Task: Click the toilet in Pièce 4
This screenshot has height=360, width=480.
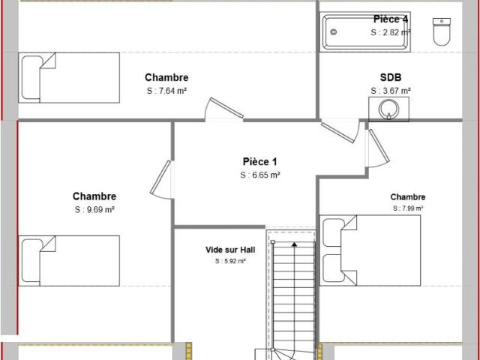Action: pyautogui.click(x=442, y=31)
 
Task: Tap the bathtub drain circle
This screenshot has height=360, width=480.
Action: pyautogui.click(x=334, y=31)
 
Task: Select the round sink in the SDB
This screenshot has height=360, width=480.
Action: pyautogui.click(x=388, y=109)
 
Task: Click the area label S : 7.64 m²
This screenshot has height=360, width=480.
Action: pyautogui.click(x=166, y=91)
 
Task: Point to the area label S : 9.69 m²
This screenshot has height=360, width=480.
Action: pyautogui.click(x=94, y=210)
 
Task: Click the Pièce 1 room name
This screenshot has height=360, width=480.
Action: pyautogui.click(x=260, y=162)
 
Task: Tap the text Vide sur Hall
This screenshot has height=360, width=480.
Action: pyautogui.click(x=230, y=250)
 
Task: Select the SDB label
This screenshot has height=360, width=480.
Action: pyautogui.click(x=391, y=77)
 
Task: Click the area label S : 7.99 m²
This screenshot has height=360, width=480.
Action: pyautogui.click(x=408, y=208)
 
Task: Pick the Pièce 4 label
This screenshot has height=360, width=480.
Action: pyautogui.click(x=391, y=19)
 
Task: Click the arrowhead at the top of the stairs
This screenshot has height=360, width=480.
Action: pyautogui.click(x=294, y=244)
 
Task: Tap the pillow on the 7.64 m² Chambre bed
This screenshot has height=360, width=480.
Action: pyautogui.click(x=31, y=77)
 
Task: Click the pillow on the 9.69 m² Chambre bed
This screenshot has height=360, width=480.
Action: pyautogui.click(x=31, y=261)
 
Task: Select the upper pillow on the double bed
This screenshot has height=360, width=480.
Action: pyautogui.click(x=333, y=232)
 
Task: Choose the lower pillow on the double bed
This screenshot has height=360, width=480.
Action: pyautogui.click(x=333, y=268)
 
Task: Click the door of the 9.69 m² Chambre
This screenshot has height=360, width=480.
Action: pyautogui.click(x=160, y=178)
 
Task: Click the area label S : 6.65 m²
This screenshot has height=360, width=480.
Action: pyautogui.click(x=260, y=175)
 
